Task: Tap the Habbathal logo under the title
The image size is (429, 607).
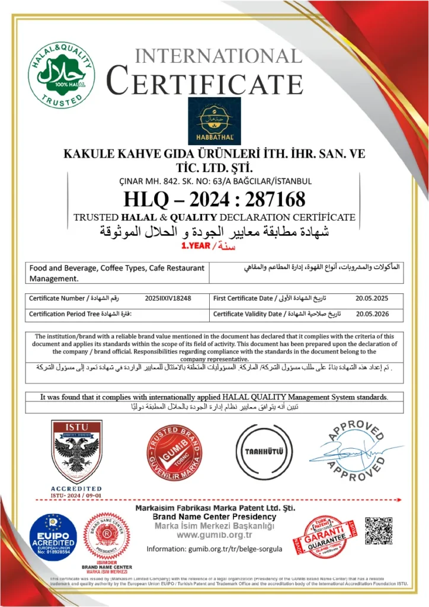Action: (214, 121)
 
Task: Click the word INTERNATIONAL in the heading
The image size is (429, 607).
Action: (219, 56)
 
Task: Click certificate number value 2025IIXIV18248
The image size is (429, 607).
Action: (168, 298)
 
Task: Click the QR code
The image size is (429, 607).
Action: (379, 531)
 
